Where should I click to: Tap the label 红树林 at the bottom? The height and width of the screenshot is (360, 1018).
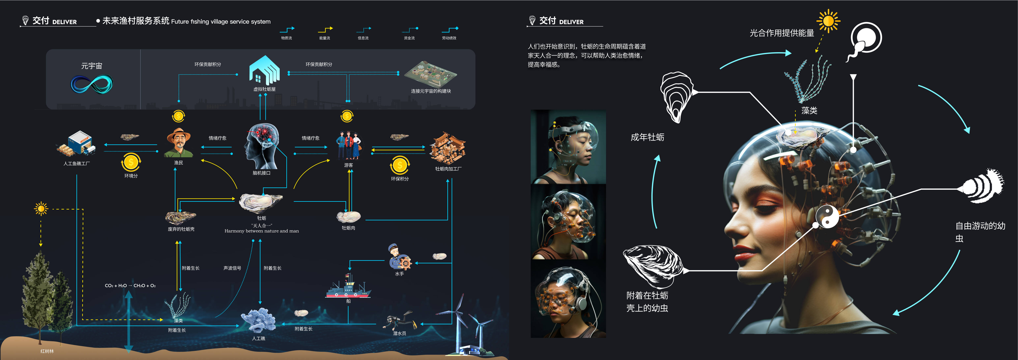pos(47,351)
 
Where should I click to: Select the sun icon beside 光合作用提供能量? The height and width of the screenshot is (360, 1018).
pos(828,21)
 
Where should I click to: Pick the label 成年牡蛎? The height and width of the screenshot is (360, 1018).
pos(647,137)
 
